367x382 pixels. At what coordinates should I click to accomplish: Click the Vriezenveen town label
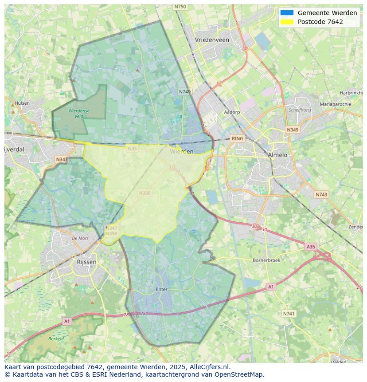tap(212, 40)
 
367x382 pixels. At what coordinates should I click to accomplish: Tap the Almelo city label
tap(277, 155)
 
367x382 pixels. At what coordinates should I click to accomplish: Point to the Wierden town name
tap(182, 151)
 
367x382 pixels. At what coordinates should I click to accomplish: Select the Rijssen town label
tap(86, 262)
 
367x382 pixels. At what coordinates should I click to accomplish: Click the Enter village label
tap(162, 289)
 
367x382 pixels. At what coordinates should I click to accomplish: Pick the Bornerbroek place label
tap(266, 260)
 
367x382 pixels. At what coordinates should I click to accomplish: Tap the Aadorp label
tap(232, 112)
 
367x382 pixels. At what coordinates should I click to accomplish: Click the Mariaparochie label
tap(335, 104)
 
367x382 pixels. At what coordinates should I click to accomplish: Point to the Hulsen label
tap(22, 103)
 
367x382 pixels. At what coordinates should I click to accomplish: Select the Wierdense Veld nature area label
tap(79, 113)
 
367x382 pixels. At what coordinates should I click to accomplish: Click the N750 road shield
tap(180, 7)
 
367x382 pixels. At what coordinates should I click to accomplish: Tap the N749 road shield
tap(185, 92)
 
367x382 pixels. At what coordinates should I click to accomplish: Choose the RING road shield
tap(238, 138)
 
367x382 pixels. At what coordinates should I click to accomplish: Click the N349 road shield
tap(292, 130)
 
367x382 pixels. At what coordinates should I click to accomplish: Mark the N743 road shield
tap(321, 194)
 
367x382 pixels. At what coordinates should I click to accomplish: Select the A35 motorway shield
tap(311, 246)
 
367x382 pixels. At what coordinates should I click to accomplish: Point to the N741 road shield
tap(289, 314)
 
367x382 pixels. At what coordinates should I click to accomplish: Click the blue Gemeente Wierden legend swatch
tap(287, 13)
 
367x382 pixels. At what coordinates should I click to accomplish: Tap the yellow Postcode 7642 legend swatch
tap(287, 22)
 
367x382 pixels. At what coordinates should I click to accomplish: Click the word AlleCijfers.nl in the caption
tap(207, 367)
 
